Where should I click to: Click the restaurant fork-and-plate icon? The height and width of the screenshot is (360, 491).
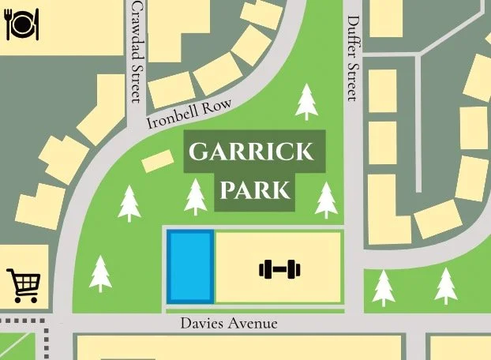pos(18,24)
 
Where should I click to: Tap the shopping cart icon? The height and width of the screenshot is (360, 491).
pos(23,284)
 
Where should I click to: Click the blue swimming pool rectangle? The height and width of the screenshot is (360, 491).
pos(190,266)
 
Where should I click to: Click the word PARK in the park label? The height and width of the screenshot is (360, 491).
pos(255,190)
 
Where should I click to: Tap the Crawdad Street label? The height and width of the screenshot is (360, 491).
pos(137,51)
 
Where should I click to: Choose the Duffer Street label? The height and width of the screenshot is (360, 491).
pos(353,59)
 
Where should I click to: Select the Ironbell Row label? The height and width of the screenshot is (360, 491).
pos(189,115)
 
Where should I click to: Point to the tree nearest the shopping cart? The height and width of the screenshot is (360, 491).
pos(100,274)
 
